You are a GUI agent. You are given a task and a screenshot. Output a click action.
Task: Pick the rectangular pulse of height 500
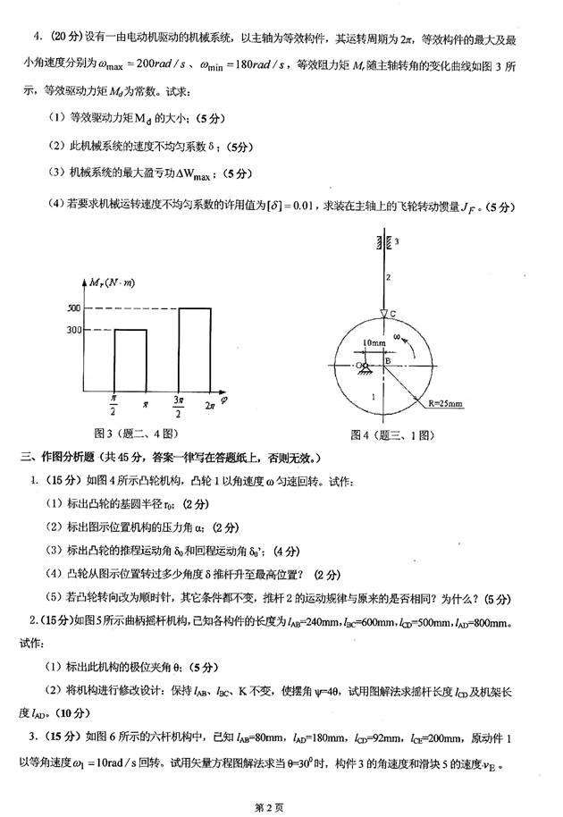click(194, 349)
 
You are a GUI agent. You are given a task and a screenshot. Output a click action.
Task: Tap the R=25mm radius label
click(445, 404)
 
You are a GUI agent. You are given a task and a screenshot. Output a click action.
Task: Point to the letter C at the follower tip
click(391, 313)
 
